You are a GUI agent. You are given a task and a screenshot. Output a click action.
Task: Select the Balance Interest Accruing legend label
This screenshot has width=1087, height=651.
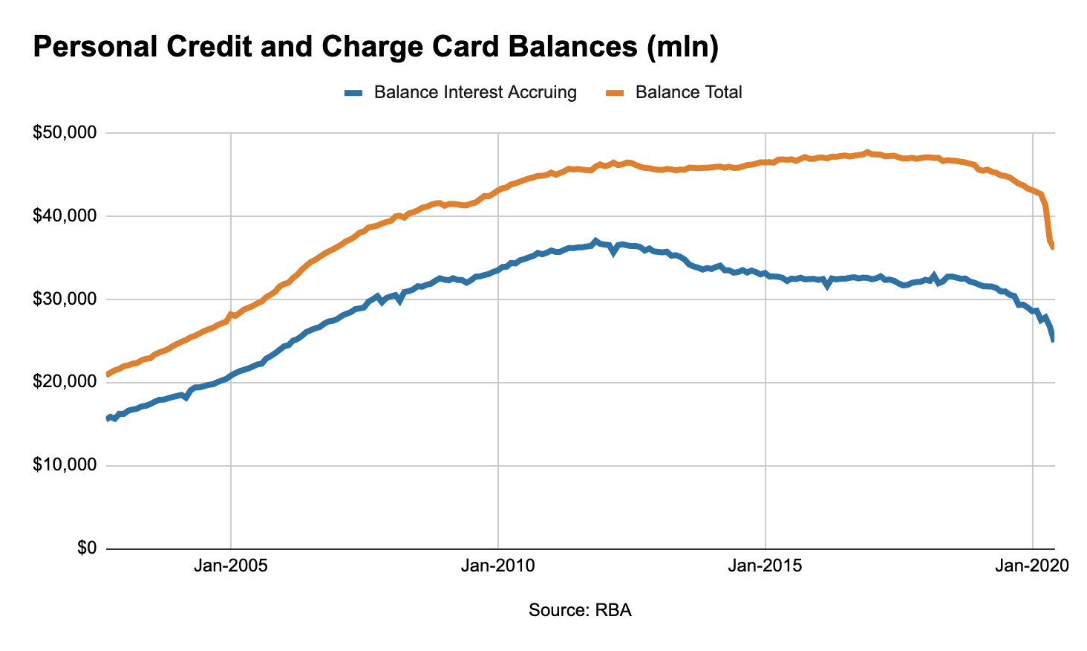tap(475, 92)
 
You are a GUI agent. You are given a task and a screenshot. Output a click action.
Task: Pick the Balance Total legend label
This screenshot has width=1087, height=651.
tap(689, 92)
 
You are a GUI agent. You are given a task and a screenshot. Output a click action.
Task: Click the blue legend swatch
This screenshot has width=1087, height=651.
tap(353, 93)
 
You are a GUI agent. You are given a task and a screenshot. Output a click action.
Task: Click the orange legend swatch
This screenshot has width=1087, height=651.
tap(615, 93)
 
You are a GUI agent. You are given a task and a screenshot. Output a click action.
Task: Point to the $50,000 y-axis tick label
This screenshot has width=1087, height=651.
tap(65, 133)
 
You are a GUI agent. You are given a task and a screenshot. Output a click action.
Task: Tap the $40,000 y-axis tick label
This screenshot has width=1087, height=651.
tap(65, 216)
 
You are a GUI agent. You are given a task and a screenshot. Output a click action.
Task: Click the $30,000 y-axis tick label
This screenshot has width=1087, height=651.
tap(65, 299)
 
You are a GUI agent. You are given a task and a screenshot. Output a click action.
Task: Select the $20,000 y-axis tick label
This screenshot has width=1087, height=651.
tap(65, 382)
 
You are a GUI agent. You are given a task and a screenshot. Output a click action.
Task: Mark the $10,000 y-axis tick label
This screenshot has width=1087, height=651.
tap(65, 465)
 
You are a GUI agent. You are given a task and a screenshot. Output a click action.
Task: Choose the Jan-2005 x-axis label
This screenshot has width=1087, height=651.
tap(230, 566)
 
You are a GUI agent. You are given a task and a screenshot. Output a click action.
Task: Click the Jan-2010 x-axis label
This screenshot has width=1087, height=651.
tap(497, 566)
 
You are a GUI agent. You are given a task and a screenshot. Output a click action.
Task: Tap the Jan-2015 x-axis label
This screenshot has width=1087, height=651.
tap(765, 566)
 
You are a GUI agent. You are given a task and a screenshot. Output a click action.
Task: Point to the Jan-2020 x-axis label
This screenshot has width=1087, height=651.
tap(1032, 566)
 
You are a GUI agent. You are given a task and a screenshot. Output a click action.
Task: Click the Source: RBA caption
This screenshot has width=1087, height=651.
tap(580, 610)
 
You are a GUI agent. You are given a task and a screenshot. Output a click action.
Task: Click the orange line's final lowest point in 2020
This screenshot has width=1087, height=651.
tap(1053, 247)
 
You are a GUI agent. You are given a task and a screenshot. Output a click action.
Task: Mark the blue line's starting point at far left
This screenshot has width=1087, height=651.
tap(108, 419)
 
